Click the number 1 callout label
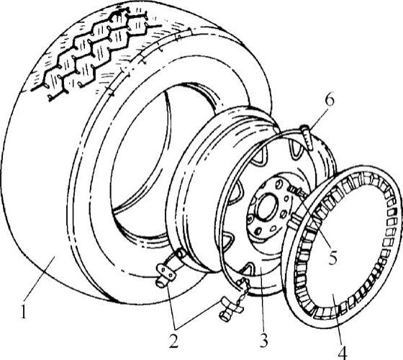click(x=23, y=311)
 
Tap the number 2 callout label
click(x=173, y=342)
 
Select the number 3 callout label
click(x=263, y=341)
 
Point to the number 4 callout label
click(x=343, y=352)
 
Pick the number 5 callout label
click(x=332, y=258)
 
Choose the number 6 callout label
click(x=330, y=100)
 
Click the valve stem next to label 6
click(x=307, y=137)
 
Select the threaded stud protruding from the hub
click(x=296, y=192)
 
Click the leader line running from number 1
click(x=40, y=280)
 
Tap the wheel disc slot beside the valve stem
click(x=296, y=149)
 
